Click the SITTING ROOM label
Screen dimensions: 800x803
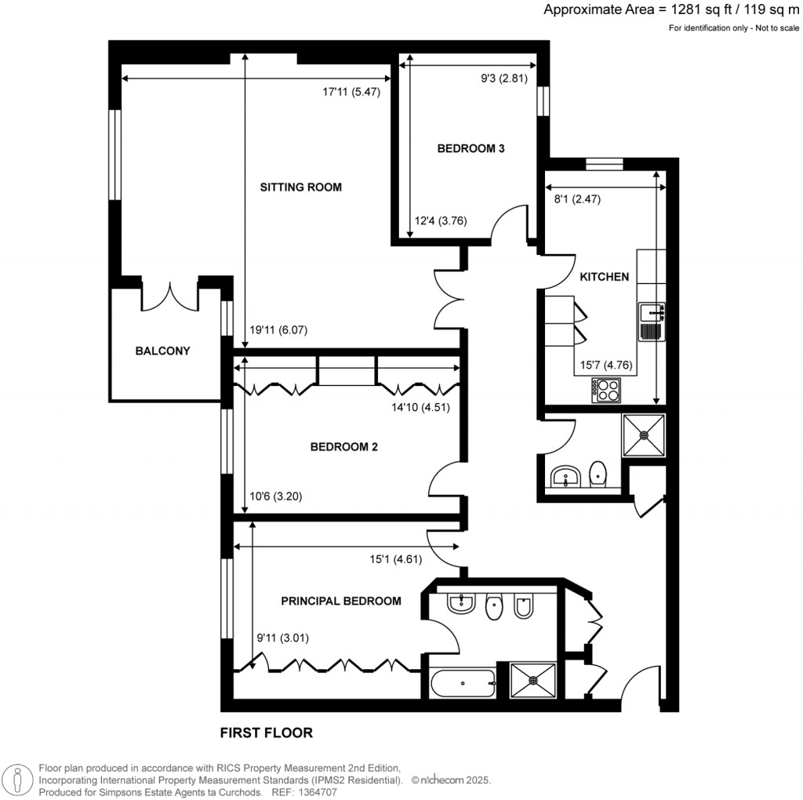click(301, 187)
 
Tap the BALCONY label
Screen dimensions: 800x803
click(162, 351)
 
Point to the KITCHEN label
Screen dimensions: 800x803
click(604, 277)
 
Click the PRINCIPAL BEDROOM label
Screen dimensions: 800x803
click(341, 602)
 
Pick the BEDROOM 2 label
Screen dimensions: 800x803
click(344, 447)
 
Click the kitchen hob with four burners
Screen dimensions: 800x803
click(606, 390)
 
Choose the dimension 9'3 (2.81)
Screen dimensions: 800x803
click(503, 78)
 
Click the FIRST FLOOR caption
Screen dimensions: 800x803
click(266, 733)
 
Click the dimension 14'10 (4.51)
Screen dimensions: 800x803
click(420, 407)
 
